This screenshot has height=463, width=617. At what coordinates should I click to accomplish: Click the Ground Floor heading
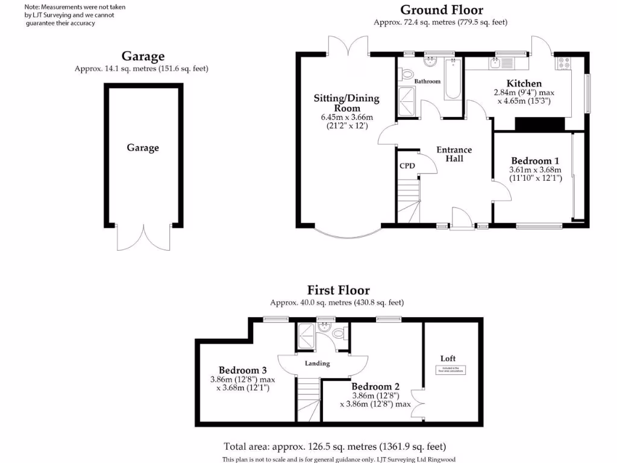(442, 10)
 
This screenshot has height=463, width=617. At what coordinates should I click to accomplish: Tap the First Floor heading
(338, 290)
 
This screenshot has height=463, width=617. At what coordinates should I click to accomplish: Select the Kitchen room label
(524, 83)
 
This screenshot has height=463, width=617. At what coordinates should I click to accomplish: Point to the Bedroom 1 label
(535, 161)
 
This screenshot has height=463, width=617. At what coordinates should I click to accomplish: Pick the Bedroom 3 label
(242, 370)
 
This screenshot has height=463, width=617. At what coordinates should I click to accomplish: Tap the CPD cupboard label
(407, 166)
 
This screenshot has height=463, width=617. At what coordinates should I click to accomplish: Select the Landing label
(318, 364)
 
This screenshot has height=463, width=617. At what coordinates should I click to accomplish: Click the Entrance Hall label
(454, 154)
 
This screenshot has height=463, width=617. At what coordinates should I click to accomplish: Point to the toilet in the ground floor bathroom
(407, 75)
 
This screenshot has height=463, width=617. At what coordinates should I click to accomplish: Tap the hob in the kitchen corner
(565, 62)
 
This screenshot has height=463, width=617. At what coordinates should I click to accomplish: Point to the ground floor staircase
(409, 200)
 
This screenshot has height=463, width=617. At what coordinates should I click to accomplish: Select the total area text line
(334, 447)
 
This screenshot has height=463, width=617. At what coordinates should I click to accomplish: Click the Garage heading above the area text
(143, 56)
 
